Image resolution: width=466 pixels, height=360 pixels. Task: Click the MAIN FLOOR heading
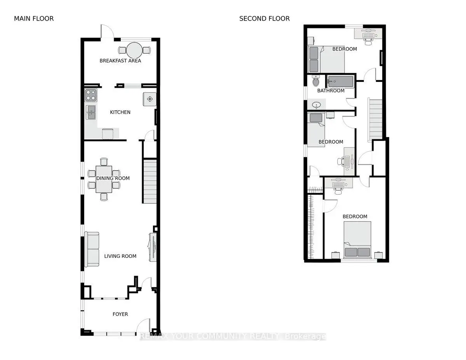[x=34, y=18]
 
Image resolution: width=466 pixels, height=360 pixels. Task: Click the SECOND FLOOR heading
[x=264, y=18]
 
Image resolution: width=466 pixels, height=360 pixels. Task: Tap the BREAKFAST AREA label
[x=120, y=61]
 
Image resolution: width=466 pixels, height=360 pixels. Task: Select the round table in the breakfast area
[x=134, y=50]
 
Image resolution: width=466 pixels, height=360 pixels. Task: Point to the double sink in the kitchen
[x=91, y=112]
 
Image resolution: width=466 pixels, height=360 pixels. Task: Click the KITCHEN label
[x=120, y=112]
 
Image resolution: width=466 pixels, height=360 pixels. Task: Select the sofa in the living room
[x=92, y=249]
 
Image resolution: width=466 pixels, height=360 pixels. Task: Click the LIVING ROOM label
[x=120, y=256]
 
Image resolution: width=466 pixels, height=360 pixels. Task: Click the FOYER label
[x=120, y=314]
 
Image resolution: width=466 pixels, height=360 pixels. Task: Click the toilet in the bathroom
[x=316, y=82]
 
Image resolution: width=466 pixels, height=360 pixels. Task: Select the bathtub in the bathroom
[x=340, y=81]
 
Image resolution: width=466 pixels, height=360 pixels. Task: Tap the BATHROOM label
[x=330, y=91]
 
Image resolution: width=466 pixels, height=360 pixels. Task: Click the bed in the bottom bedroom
[x=357, y=239]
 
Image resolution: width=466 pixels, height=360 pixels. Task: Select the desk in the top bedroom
[x=368, y=33]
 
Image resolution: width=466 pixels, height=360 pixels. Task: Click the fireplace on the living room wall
[x=152, y=247]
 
